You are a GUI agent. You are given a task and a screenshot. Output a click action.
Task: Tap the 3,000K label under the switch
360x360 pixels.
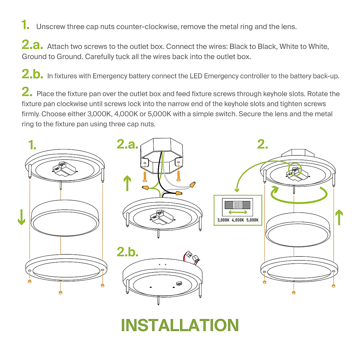(x=223, y=220)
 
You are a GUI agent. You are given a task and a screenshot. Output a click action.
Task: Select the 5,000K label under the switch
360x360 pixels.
(x=252, y=220)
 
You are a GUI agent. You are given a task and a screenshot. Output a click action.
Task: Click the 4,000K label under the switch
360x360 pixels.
(x=238, y=220)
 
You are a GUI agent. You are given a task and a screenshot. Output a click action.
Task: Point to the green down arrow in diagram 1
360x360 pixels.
(x=22, y=217)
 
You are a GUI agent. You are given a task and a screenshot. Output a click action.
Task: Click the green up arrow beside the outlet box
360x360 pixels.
(x=127, y=183)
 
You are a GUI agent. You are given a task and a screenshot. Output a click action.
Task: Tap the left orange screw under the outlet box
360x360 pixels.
(x=145, y=176)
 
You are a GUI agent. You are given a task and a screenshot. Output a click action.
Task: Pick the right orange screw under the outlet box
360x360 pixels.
(x=178, y=176)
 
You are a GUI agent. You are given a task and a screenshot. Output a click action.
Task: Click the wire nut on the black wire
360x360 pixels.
(x=179, y=193)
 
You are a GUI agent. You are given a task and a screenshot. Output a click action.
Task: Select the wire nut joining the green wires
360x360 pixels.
(x=145, y=187)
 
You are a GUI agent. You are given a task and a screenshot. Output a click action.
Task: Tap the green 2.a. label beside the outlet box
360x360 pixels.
(x=127, y=144)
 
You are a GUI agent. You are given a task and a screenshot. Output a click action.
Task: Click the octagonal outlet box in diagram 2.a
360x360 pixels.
(x=162, y=156)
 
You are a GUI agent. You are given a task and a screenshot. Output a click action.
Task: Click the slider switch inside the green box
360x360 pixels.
(x=237, y=205)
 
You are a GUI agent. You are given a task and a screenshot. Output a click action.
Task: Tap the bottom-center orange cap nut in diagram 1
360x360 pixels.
(x=60, y=292)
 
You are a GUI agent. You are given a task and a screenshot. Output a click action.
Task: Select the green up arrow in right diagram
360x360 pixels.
(x=339, y=217)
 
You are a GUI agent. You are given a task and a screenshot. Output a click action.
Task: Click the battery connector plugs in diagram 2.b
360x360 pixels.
(x=193, y=257)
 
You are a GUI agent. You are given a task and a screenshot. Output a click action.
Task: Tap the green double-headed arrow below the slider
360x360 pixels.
(x=238, y=212)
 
